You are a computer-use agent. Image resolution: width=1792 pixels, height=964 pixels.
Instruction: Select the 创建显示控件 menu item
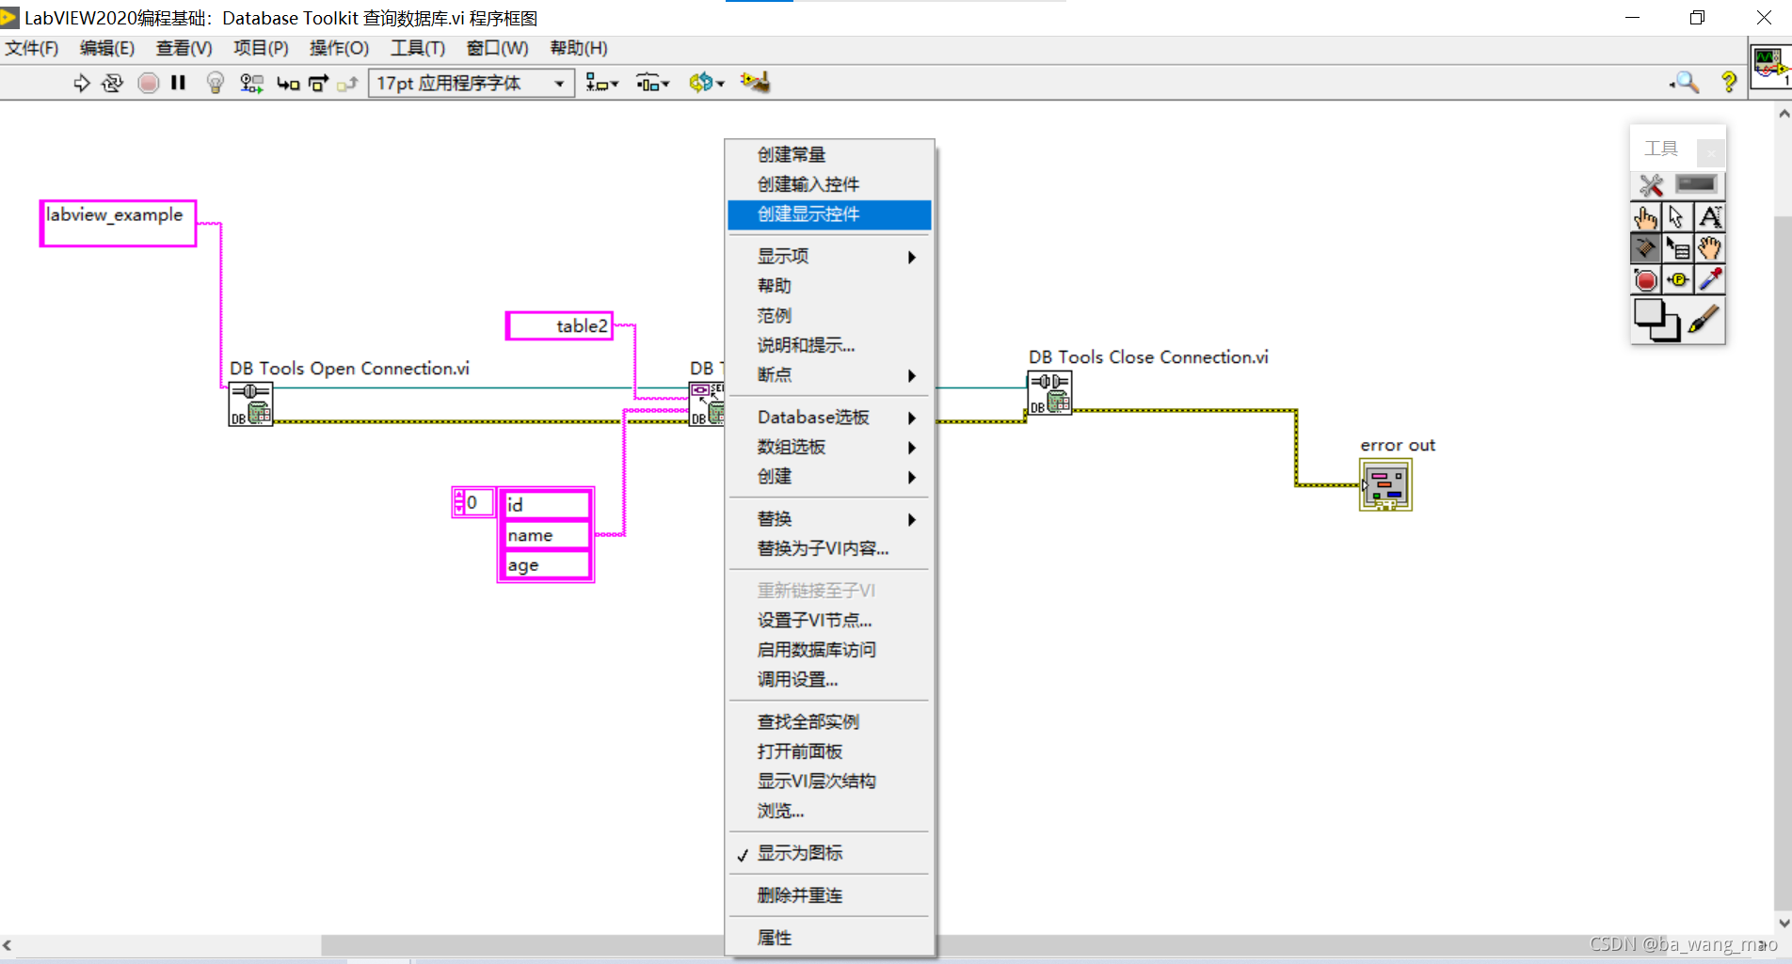pos(808,214)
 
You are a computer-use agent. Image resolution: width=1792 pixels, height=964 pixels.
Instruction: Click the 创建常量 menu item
pos(792,155)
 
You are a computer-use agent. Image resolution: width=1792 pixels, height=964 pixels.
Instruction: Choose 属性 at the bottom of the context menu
pos(775,938)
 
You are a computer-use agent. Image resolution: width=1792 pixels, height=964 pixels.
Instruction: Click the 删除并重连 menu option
pos(799,895)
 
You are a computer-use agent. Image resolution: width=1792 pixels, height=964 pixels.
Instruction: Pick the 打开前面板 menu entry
pos(799,751)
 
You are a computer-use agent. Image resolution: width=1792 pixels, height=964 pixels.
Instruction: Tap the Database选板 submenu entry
pos(813,418)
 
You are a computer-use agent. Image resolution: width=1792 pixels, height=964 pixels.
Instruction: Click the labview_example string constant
pos(117,223)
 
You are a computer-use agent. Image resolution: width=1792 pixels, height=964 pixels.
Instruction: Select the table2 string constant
pos(560,326)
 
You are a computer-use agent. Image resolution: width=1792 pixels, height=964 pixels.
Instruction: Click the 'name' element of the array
pos(544,535)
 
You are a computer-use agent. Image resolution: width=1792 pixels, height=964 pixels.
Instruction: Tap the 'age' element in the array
pos(544,565)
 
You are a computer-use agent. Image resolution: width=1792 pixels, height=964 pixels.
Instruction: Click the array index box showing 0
pos(474,503)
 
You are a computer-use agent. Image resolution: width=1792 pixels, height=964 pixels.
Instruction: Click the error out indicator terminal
pos(1385,485)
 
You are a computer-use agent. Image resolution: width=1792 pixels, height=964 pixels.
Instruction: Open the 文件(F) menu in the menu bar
pos(32,48)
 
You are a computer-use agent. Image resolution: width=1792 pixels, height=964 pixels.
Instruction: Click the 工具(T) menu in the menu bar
pos(417,48)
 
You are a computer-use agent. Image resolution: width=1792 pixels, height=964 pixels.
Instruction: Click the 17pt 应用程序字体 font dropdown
pos(471,84)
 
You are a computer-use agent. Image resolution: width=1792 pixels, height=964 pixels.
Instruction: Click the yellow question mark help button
pos(1728,83)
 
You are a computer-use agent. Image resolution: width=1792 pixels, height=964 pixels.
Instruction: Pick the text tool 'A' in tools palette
pos(1710,218)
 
